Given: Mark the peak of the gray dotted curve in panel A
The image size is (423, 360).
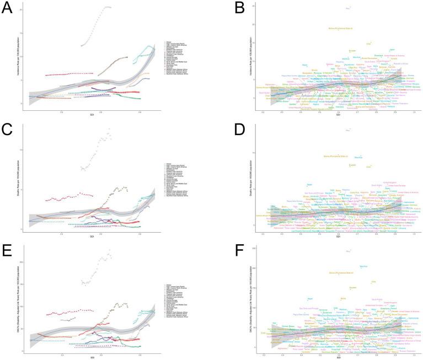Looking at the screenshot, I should (106, 7).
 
